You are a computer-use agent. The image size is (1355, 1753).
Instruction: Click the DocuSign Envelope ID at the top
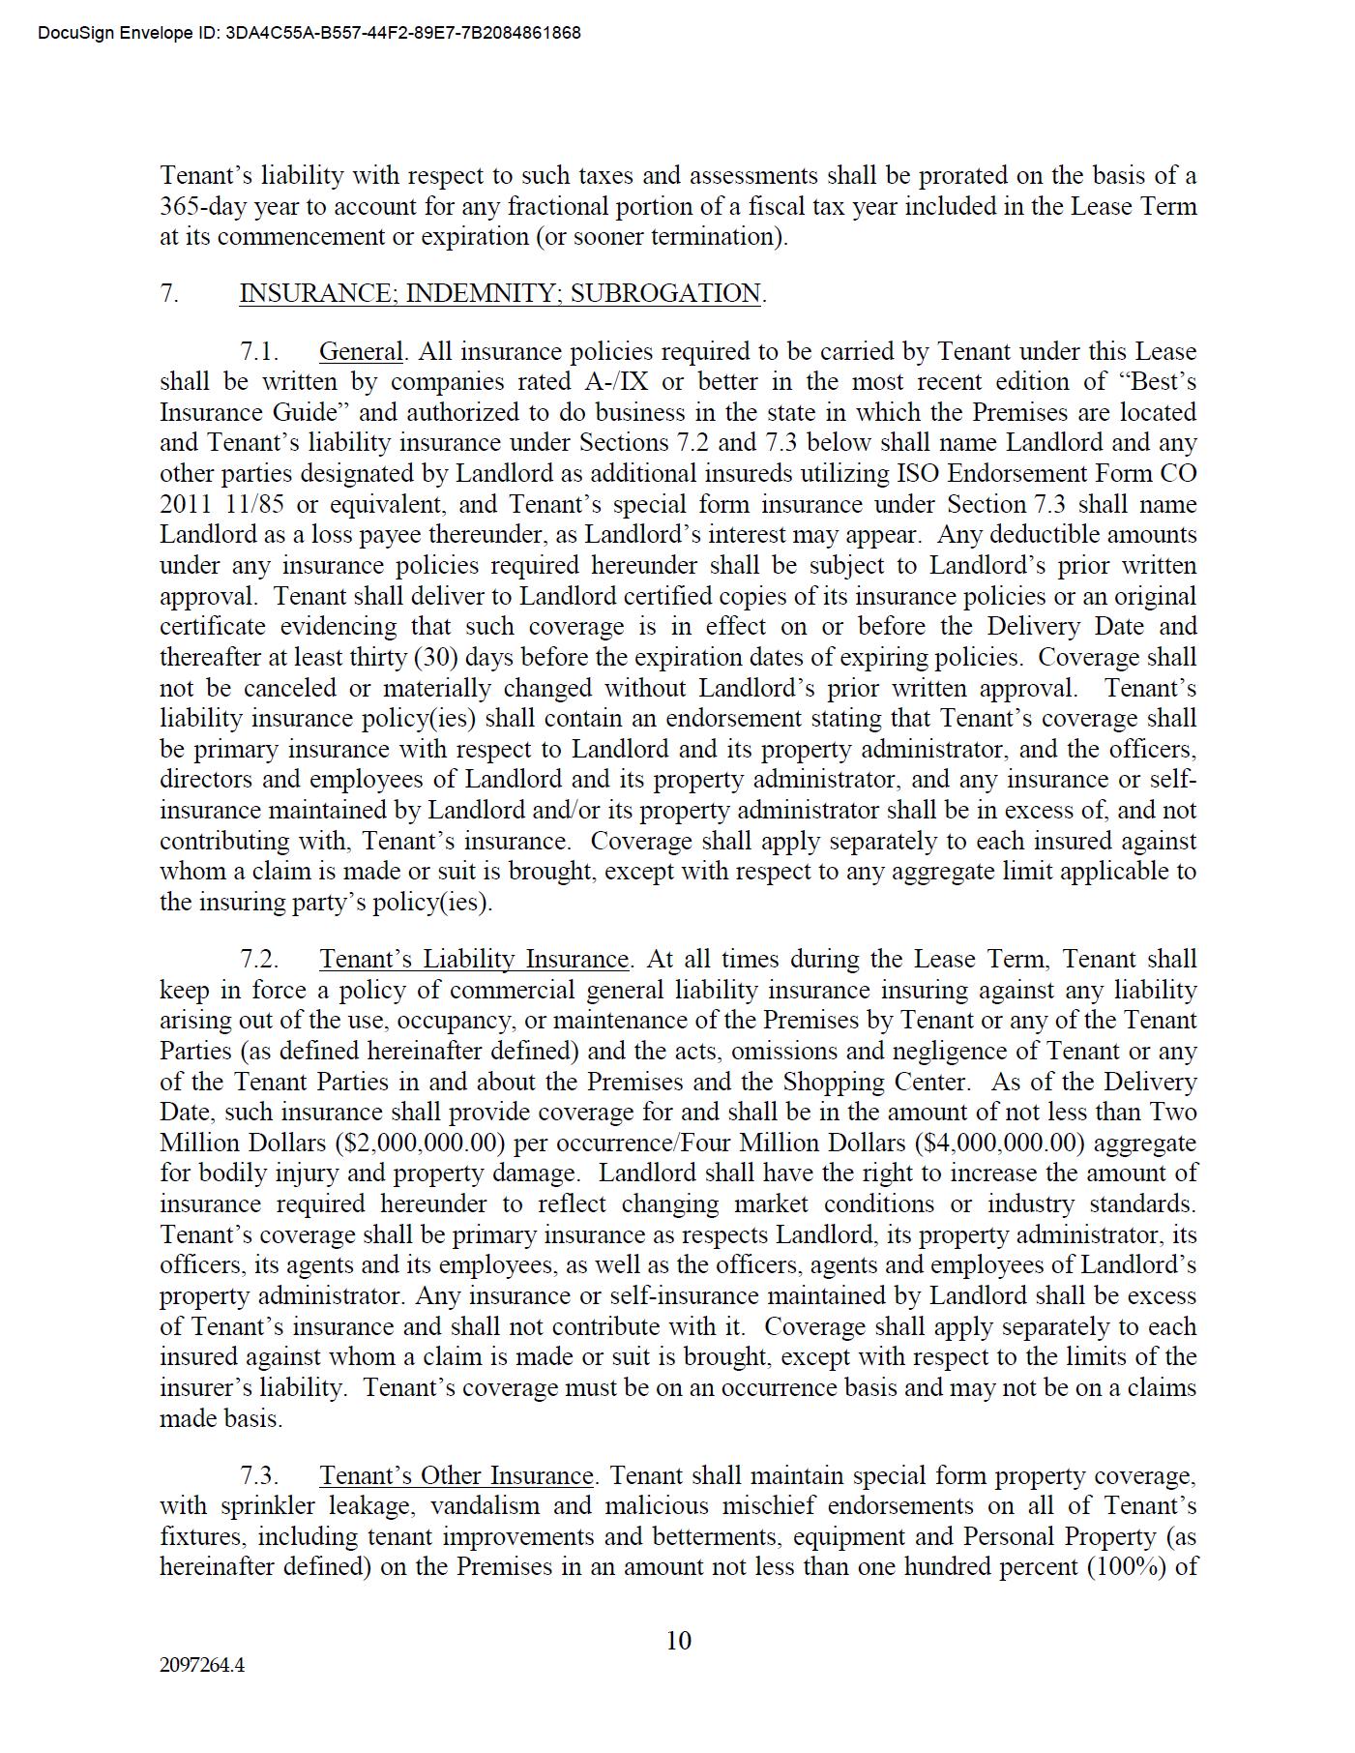click(x=309, y=33)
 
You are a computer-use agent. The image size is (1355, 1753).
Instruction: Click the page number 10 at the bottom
click(x=678, y=1640)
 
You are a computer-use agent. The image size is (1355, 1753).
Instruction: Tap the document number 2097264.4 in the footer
click(x=202, y=1665)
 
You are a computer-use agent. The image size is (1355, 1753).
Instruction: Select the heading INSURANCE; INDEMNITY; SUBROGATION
click(x=501, y=293)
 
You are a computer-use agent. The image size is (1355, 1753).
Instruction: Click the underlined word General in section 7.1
click(x=361, y=351)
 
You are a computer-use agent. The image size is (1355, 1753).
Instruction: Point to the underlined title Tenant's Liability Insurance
click(x=474, y=959)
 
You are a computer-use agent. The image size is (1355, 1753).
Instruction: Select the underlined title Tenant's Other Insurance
click(x=456, y=1475)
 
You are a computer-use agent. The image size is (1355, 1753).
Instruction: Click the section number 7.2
click(x=259, y=959)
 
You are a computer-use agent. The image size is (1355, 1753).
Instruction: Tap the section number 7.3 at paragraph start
click(x=259, y=1475)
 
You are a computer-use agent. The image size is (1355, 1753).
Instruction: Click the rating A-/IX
click(x=617, y=382)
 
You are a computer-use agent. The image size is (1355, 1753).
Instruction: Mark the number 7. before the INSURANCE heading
click(x=169, y=293)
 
